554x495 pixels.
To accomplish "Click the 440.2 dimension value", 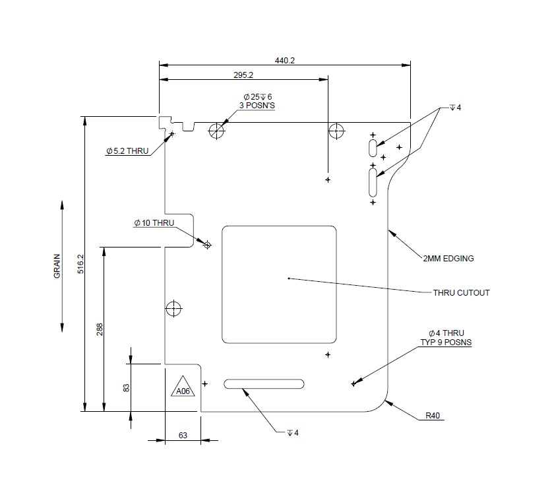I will pyautogui.click(x=284, y=60).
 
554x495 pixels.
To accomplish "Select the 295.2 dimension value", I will pyautogui.click(x=243, y=75).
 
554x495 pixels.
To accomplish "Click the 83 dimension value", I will pyautogui.click(x=127, y=387).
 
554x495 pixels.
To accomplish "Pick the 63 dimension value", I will pyautogui.click(x=183, y=435).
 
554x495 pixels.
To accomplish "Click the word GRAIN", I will pyautogui.click(x=57, y=266).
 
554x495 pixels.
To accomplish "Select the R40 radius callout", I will pyautogui.click(x=433, y=416).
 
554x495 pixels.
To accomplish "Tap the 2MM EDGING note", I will pyautogui.click(x=448, y=259).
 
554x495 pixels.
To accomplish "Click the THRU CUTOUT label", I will pyautogui.click(x=461, y=292).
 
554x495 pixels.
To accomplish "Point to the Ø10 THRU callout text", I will pyautogui.click(x=154, y=223).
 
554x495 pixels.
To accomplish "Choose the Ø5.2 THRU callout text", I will pyautogui.click(x=127, y=151).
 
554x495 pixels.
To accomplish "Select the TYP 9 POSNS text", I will pyautogui.click(x=446, y=343).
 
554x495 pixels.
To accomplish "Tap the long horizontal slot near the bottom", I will pyautogui.click(x=264, y=383).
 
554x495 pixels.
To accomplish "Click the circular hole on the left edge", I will pyautogui.click(x=173, y=308).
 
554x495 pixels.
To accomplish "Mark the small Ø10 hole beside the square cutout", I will pyautogui.click(x=207, y=246).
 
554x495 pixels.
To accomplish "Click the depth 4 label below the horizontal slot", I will pyautogui.click(x=292, y=433).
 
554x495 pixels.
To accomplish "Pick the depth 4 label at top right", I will pyautogui.click(x=455, y=107).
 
